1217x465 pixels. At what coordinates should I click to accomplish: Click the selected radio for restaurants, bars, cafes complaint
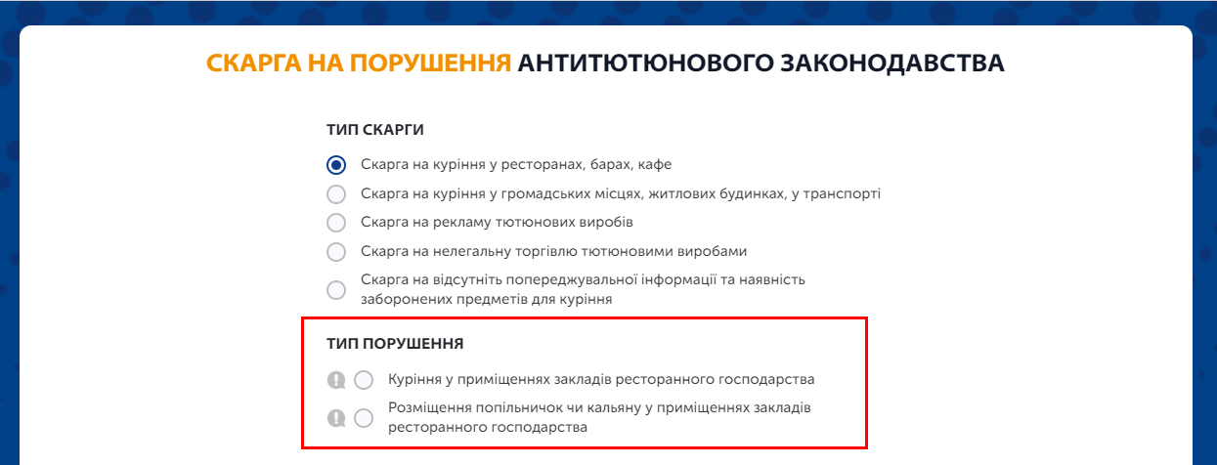(x=336, y=164)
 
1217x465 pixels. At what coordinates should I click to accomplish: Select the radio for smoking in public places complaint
(x=336, y=194)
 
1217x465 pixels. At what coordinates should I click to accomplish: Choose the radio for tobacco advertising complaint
(x=336, y=222)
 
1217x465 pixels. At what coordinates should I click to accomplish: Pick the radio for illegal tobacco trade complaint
(x=336, y=251)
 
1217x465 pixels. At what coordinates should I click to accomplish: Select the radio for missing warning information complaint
(x=336, y=289)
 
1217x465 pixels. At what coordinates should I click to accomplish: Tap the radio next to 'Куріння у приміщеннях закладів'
(x=364, y=380)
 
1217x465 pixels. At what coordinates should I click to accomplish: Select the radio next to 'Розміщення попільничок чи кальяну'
(x=364, y=418)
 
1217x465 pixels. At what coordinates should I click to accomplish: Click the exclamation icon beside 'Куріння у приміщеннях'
(x=336, y=380)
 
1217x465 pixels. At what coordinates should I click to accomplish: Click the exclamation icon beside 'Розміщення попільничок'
(x=336, y=418)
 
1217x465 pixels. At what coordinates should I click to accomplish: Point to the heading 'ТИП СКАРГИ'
(x=375, y=130)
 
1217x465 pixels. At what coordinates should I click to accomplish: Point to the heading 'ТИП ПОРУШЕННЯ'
(x=395, y=344)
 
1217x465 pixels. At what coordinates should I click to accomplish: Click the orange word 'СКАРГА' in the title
(x=254, y=63)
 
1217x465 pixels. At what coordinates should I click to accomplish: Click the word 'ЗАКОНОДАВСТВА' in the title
(x=892, y=63)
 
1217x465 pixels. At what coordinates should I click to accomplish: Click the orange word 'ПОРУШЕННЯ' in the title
(x=430, y=63)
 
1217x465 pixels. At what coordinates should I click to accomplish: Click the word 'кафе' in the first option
(x=655, y=164)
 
